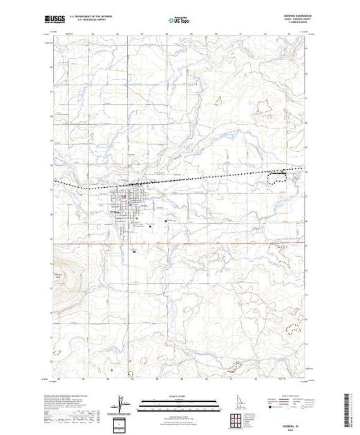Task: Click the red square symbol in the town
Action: click(x=124, y=200)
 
